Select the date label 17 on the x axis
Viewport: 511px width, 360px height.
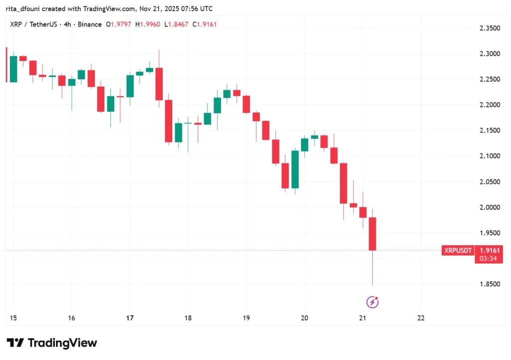(x=130, y=318)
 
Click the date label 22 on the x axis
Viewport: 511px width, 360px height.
(x=421, y=318)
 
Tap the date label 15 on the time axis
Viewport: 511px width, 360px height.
(x=12, y=318)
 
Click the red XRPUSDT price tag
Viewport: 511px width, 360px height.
(x=458, y=251)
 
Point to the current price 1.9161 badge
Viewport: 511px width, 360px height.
(x=489, y=251)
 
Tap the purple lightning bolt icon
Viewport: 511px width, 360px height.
(x=372, y=302)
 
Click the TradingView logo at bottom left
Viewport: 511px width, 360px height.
(x=52, y=343)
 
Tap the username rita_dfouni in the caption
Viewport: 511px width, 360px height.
(x=26, y=8)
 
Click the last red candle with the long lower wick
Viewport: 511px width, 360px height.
(x=372, y=234)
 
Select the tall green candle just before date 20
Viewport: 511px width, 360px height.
(x=295, y=169)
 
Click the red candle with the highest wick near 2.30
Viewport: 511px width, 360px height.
(x=159, y=84)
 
